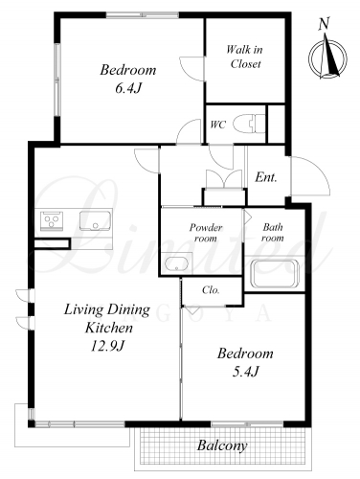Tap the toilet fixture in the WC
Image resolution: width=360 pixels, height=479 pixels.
click(249, 124)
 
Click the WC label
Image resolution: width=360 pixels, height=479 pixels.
click(217, 125)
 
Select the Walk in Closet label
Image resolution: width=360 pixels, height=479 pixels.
click(245, 57)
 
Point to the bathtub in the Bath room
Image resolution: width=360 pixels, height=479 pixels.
click(276, 274)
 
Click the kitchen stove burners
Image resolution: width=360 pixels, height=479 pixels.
click(52, 220)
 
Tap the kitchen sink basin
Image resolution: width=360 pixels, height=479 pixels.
click(95, 221)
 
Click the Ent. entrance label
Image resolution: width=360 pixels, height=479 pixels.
click(265, 177)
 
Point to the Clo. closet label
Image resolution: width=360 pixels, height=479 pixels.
click(211, 290)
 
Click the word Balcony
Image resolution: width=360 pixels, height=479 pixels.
click(222, 445)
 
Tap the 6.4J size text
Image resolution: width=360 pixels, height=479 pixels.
click(127, 88)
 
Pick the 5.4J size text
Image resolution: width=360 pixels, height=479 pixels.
click(245, 372)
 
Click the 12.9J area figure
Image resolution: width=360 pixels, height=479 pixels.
click(107, 346)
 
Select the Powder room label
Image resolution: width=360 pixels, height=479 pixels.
click(206, 233)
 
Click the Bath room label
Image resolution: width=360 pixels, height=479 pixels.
click(273, 233)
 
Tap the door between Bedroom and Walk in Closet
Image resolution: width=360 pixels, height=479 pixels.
click(191, 69)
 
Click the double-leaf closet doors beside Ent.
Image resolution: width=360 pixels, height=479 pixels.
click(224, 179)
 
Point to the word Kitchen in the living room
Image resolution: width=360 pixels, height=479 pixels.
click(109, 329)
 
